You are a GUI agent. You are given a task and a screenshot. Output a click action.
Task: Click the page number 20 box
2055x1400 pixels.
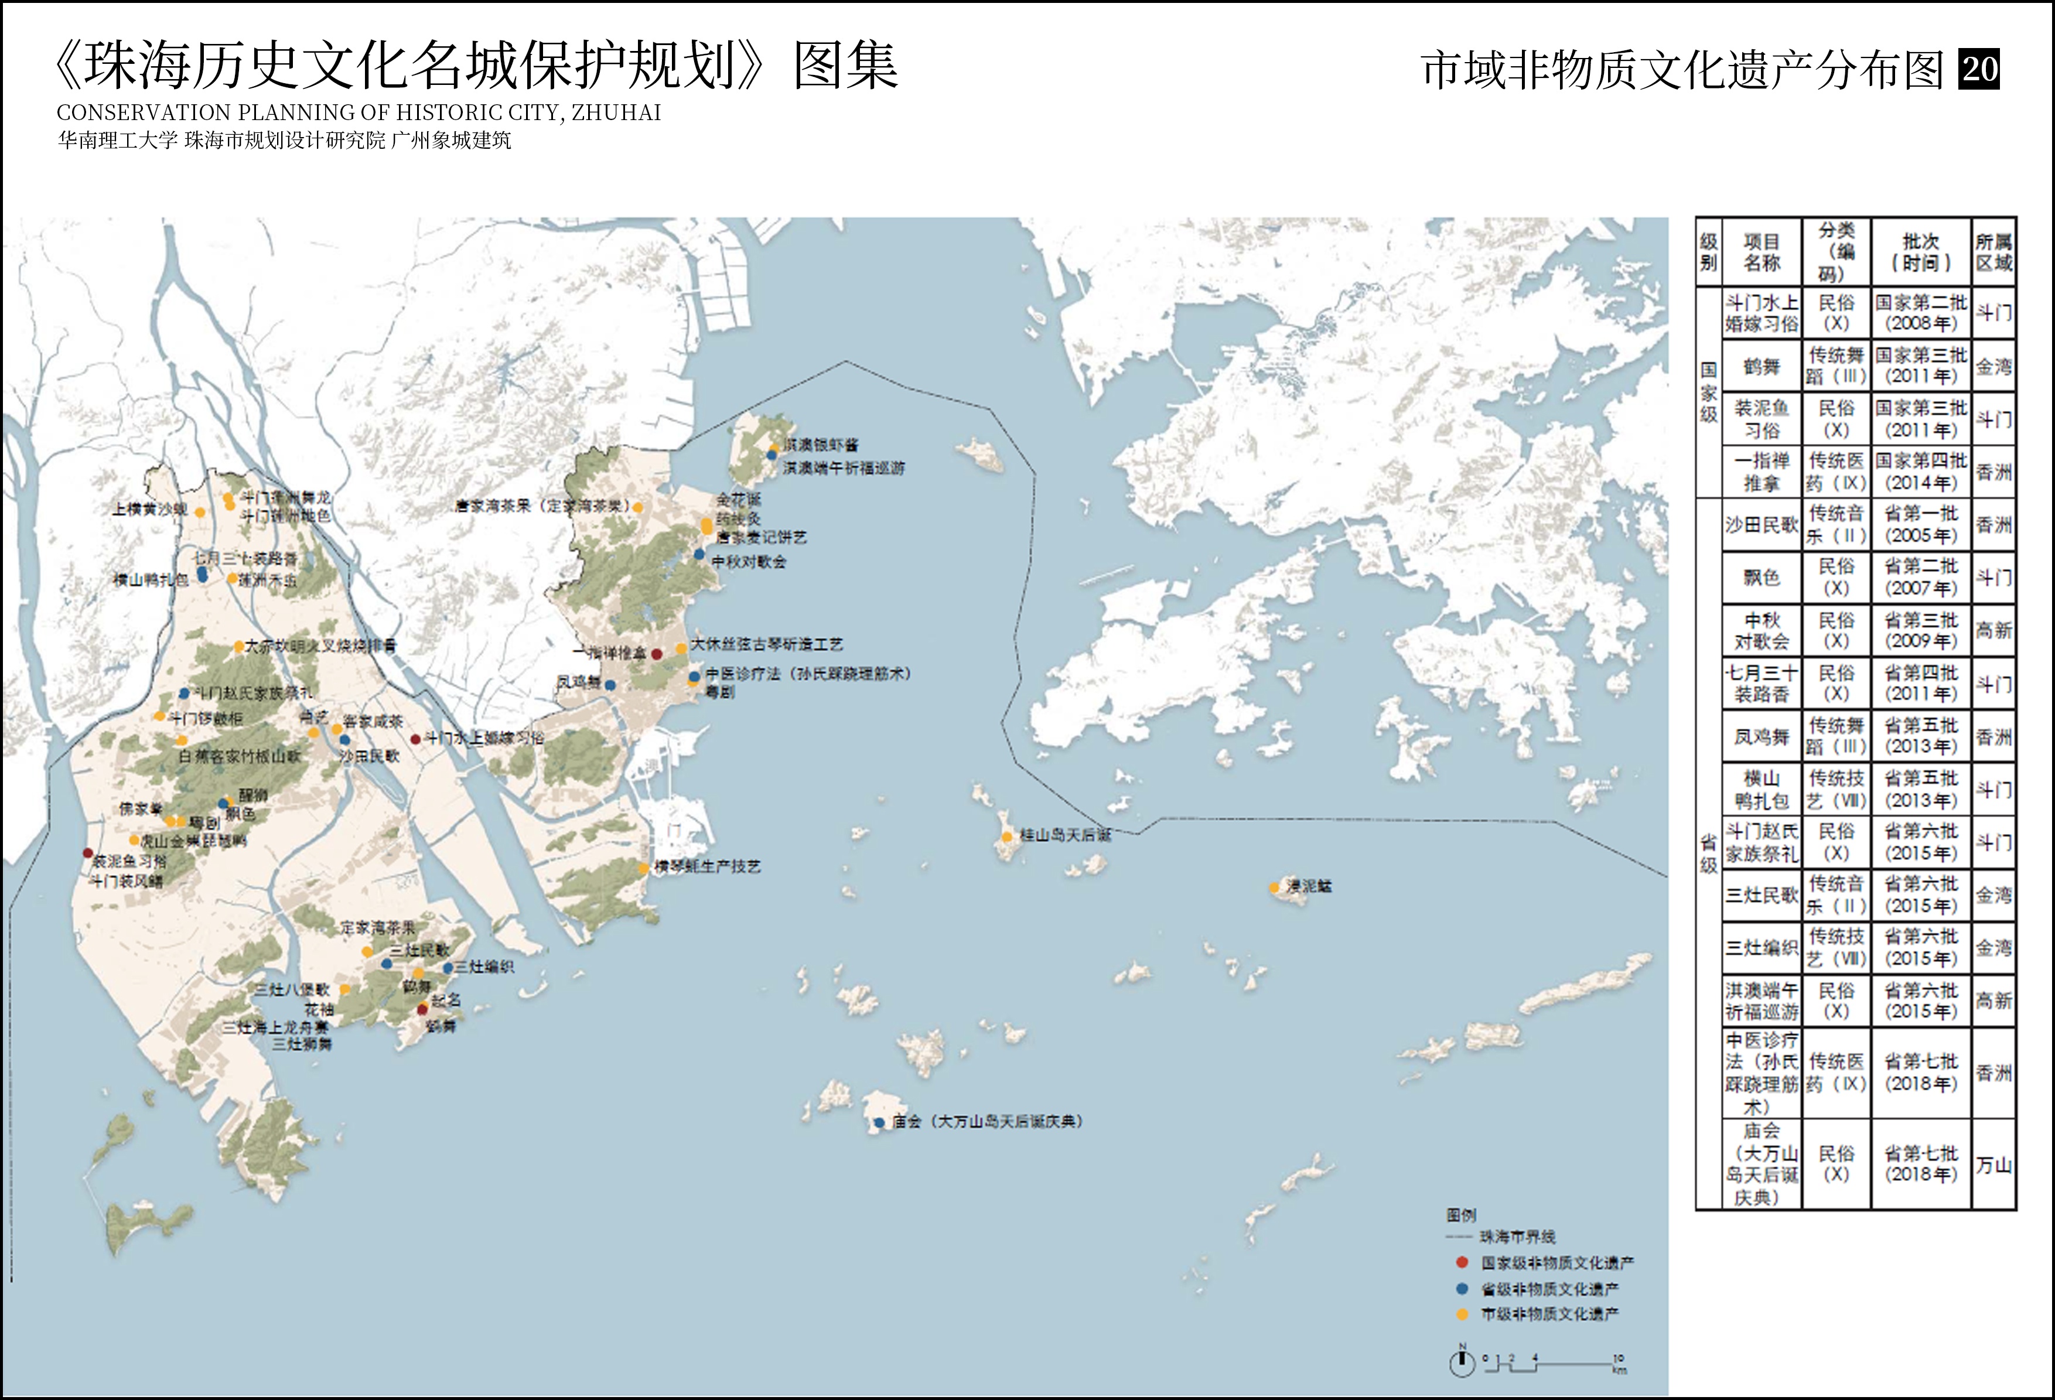click(x=1980, y=69)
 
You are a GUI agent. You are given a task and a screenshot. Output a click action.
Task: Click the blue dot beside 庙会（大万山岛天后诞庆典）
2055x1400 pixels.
click(x=879, y=1123)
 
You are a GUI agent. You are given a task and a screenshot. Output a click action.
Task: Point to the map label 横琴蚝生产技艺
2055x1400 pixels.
click(x=708, y=868)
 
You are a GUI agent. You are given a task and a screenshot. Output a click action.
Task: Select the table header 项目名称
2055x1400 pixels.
click(x=1762, y=252)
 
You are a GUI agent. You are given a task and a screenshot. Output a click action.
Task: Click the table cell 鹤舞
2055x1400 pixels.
click(x=1762, y=366)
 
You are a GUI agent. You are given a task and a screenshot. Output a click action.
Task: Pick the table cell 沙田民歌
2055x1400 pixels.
click(x=1762, y=524)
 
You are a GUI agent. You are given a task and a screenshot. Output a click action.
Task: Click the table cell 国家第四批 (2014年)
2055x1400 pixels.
click(x=1921, y=472)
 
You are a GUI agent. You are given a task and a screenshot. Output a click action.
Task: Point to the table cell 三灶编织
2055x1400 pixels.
click(x=1762, y=947)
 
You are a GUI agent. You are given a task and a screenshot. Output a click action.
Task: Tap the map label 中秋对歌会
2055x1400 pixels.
click(x=749, y=562)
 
